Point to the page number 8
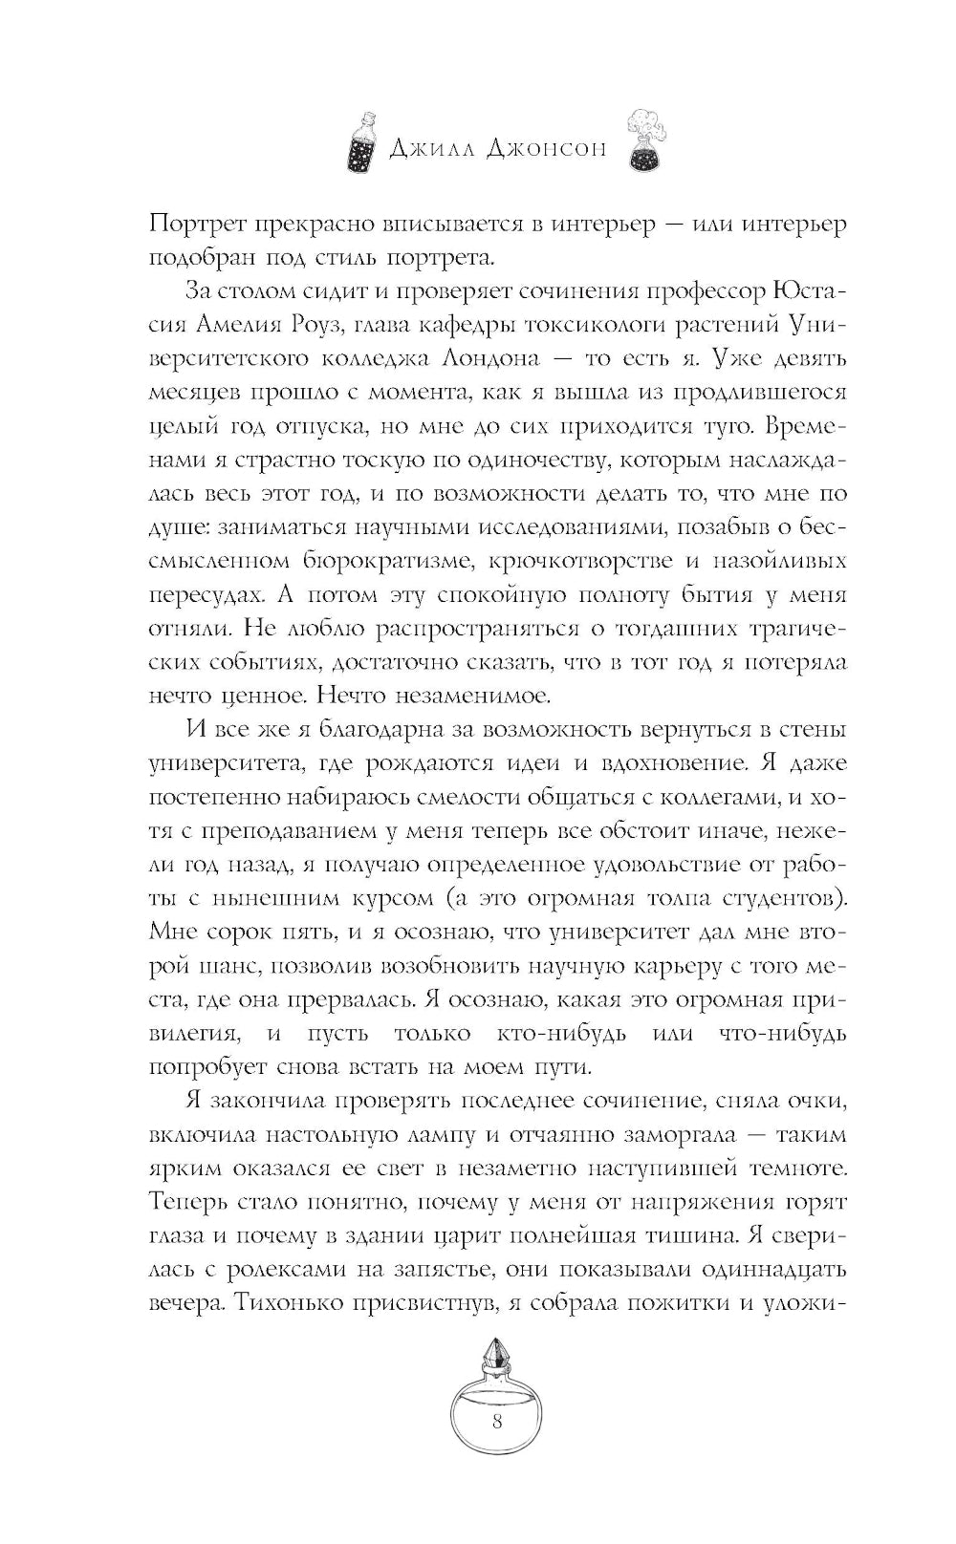[496, 1420]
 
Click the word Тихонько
[294, 1303]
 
